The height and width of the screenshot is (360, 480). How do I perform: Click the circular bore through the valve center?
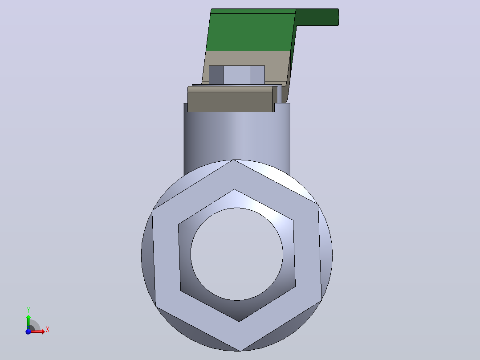click(236, 254)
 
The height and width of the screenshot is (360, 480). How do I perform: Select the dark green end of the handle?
click(317, 17)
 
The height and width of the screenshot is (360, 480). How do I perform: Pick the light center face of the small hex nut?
click(237, 75)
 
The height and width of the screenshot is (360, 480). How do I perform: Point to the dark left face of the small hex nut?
click(216, 75)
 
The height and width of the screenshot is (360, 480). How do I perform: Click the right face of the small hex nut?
click(258, 75)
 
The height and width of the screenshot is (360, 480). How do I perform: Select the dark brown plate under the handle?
click(230, 102)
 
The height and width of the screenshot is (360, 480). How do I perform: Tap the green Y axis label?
click(28, 310)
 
